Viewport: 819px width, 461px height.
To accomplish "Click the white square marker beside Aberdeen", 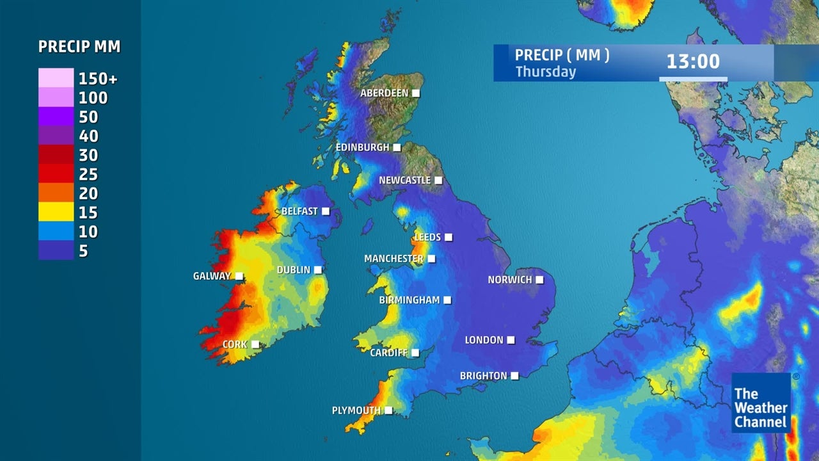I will [416, 93].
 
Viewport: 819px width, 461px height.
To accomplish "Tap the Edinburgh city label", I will [362, 148].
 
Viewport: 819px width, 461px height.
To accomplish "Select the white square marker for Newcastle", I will [438, 181].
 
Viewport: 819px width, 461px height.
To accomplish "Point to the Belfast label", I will [299, 211].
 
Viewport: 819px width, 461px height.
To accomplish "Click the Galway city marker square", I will [239, 277].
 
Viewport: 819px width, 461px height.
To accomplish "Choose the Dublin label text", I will [293, 270].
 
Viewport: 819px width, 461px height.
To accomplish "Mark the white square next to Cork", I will [255, 344].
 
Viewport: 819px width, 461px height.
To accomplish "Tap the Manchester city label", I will [394, 259].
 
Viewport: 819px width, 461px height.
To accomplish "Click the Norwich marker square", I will [539, 280].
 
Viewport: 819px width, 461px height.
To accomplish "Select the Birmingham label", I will [409, 300].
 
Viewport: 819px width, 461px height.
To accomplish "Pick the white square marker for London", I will [511, 340].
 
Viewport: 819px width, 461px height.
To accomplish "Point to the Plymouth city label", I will [356, 410].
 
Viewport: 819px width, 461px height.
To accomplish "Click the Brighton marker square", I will [514, 376].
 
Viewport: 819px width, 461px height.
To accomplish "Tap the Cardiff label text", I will [388, 353].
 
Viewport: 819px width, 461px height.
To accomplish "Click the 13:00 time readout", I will [693, 62].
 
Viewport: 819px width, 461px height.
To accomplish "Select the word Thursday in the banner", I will [546, 72].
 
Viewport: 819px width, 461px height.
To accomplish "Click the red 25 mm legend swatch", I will [56, 174].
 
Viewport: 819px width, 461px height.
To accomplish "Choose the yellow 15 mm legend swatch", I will [56, 213].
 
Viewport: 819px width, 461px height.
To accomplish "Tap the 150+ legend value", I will [98, 79].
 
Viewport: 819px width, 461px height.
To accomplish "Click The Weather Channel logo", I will [761, 403].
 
